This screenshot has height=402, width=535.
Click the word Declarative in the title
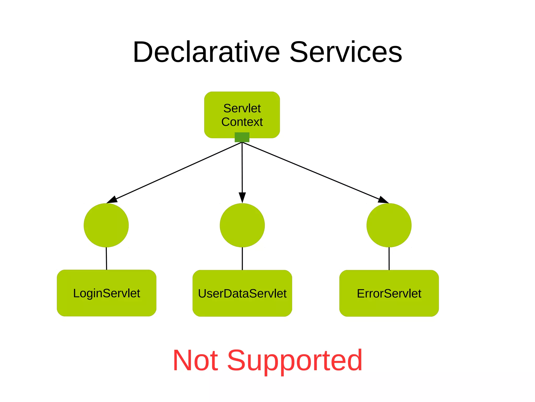206,52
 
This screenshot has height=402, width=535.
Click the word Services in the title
346,52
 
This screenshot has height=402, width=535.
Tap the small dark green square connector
242,137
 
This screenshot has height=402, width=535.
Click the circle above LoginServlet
106,225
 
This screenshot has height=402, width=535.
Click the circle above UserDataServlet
242,225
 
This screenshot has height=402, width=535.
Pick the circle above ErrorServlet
389,225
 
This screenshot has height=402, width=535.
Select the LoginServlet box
107,293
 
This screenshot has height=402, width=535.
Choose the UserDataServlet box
242,293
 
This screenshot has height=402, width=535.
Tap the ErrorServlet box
389,293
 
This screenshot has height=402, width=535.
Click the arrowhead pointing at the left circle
112,200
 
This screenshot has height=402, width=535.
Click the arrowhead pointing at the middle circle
242,197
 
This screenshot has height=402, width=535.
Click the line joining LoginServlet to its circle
106,258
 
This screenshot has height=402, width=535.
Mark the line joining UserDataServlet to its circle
242,258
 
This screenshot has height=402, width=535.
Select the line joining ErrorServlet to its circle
389,258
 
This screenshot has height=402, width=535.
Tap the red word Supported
295,361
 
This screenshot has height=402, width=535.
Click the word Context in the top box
242,122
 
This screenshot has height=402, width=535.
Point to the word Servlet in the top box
242,108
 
